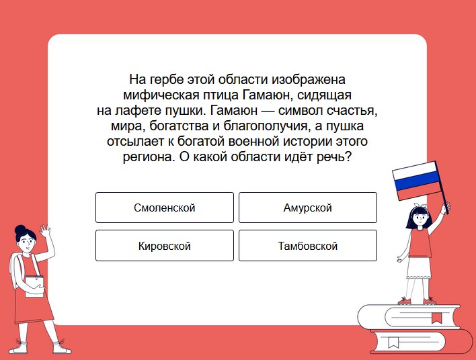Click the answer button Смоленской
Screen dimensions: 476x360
165,208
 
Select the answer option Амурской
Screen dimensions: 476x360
308,208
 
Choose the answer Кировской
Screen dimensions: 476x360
165,245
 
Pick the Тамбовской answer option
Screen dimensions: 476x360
308,245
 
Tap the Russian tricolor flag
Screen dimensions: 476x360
417,181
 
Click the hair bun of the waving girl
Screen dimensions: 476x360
20,229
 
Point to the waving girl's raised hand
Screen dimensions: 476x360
46,231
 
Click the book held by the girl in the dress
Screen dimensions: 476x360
34,286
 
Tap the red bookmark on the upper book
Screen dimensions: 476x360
436,318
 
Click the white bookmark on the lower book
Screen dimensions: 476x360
393,343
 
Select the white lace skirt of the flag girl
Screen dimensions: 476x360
419,267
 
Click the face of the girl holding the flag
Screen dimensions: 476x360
420,218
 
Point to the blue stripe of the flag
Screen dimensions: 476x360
417,180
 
